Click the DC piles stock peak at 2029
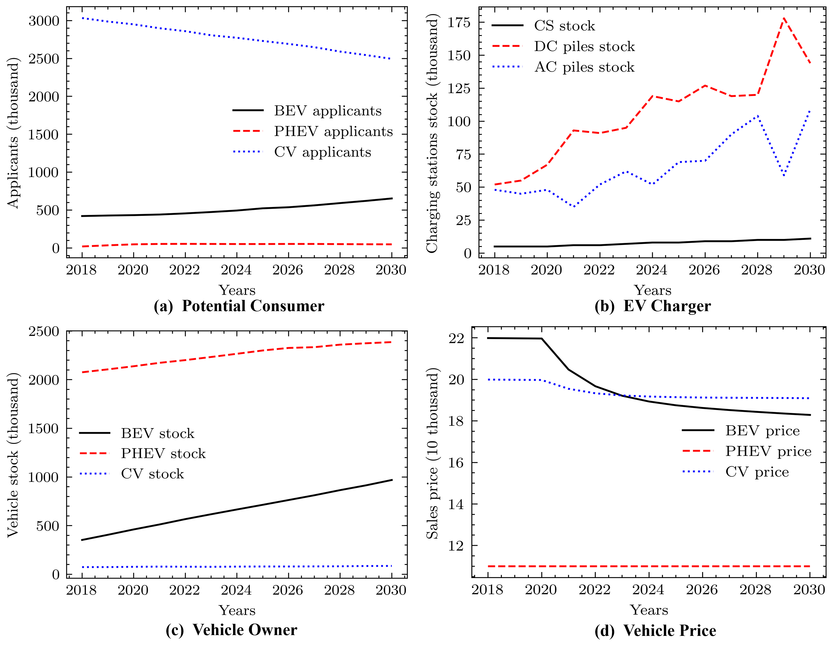[x=784, y=18]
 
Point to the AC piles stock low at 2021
[x=574, y=207]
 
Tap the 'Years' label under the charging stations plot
[x=652, y=290]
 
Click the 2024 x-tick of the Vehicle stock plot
[x=236, y=590]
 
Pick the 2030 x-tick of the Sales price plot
[x=809, y=590]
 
